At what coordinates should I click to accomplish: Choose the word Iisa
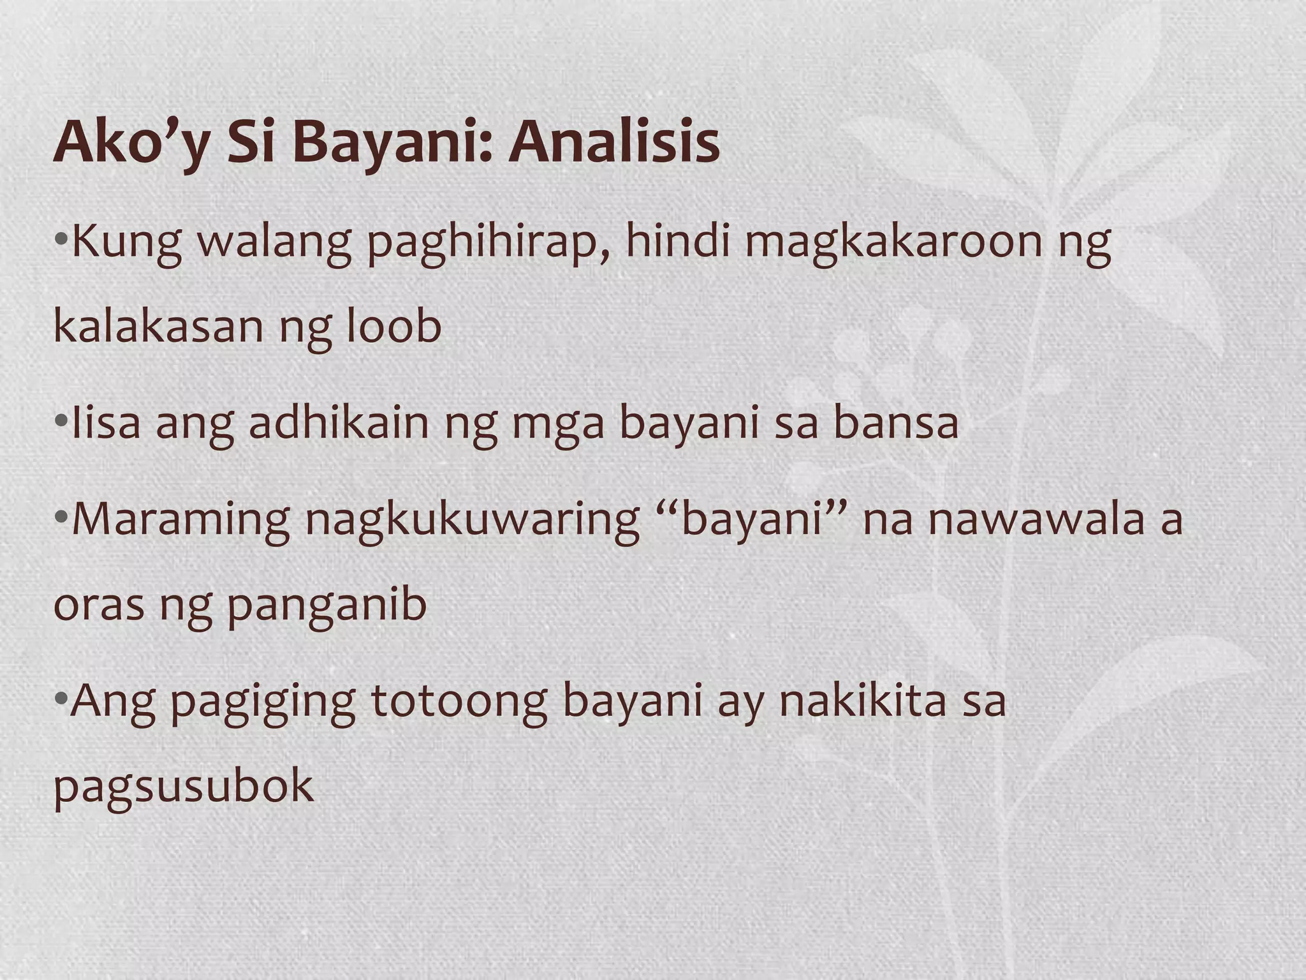(x=106, y=422)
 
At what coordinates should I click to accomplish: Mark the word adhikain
(x=339, y=422)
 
